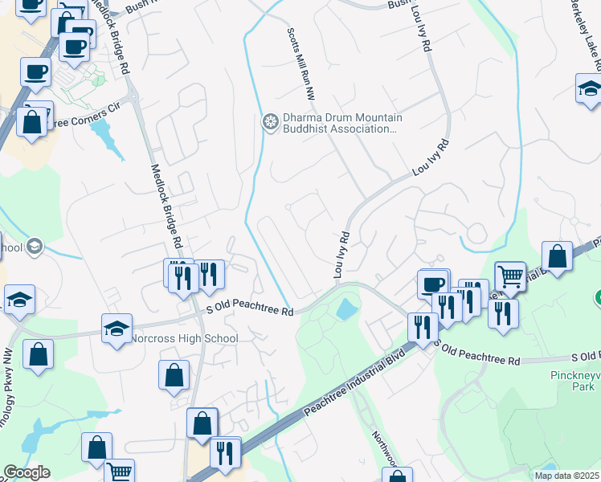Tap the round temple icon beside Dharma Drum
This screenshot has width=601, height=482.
point(271,122)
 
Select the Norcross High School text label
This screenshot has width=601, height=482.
point(186,338)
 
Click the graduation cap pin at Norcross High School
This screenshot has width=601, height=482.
point(117,329)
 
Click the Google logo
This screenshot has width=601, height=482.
point(26,472)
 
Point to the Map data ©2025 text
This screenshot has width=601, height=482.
point(566,476)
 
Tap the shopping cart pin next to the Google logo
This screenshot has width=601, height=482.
point(119,472)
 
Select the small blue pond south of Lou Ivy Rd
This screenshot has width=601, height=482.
point(346,308)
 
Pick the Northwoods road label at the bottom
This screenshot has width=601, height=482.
point(384,449)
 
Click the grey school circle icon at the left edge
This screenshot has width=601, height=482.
point(35,246)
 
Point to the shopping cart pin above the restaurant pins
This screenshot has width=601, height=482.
point(509,276)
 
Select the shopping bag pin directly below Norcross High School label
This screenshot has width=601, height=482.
point(174,375)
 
